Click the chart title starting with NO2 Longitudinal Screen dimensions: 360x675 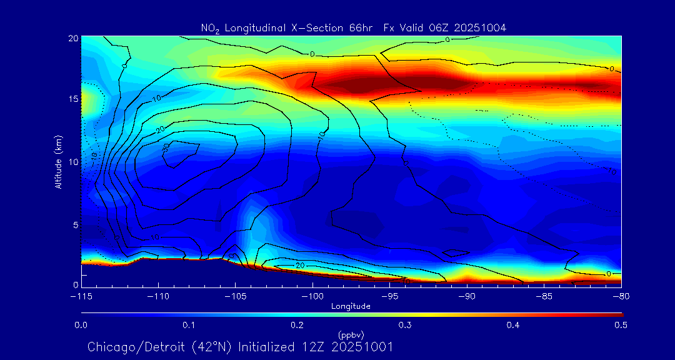pos(353,27)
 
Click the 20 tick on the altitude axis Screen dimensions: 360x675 pos(72,38)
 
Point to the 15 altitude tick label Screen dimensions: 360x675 pos(72,99)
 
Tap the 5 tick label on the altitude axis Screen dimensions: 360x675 pos(75,224)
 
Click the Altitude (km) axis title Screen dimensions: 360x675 pos(58,161)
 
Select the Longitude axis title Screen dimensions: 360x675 pos(351,306)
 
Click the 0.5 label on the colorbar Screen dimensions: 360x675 pos(621,325)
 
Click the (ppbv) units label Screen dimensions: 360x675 pos(351,334)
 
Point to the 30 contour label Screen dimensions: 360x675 pos(166,146)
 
